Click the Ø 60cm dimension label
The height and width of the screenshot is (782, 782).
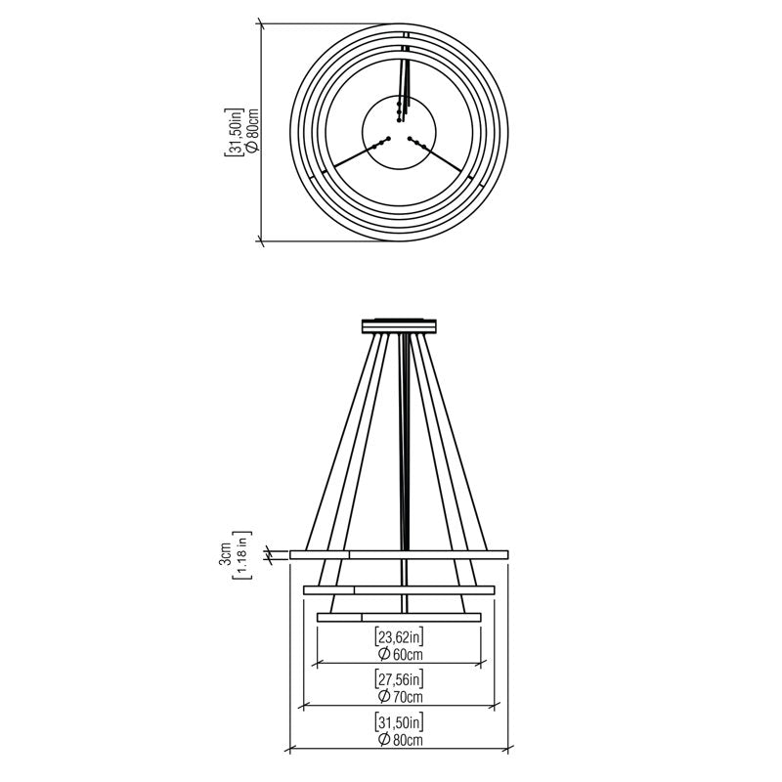tap(400, 654)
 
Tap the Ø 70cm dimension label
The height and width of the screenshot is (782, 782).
tap(400, 696)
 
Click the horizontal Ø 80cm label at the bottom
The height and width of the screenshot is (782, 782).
tap(400, 740)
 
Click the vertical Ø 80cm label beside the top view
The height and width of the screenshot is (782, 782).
tap(251, 131)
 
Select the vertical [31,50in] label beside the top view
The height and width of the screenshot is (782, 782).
tap(233, 132)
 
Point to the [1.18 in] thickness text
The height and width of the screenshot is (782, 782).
tap(242, 554)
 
